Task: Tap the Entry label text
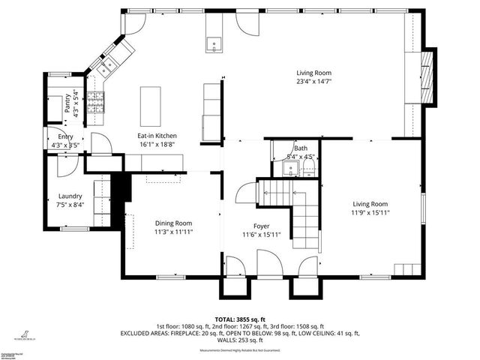pos(66,137)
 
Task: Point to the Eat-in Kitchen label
pos(156,136)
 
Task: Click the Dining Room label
pos(173,223)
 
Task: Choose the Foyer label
pos(261,226)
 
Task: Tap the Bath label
pos(301,148)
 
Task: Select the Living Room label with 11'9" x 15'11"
pos(370,204)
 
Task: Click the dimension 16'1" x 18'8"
pos(156,145)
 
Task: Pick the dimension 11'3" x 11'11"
pos(173,232)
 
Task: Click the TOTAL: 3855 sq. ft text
pos(239,319)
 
